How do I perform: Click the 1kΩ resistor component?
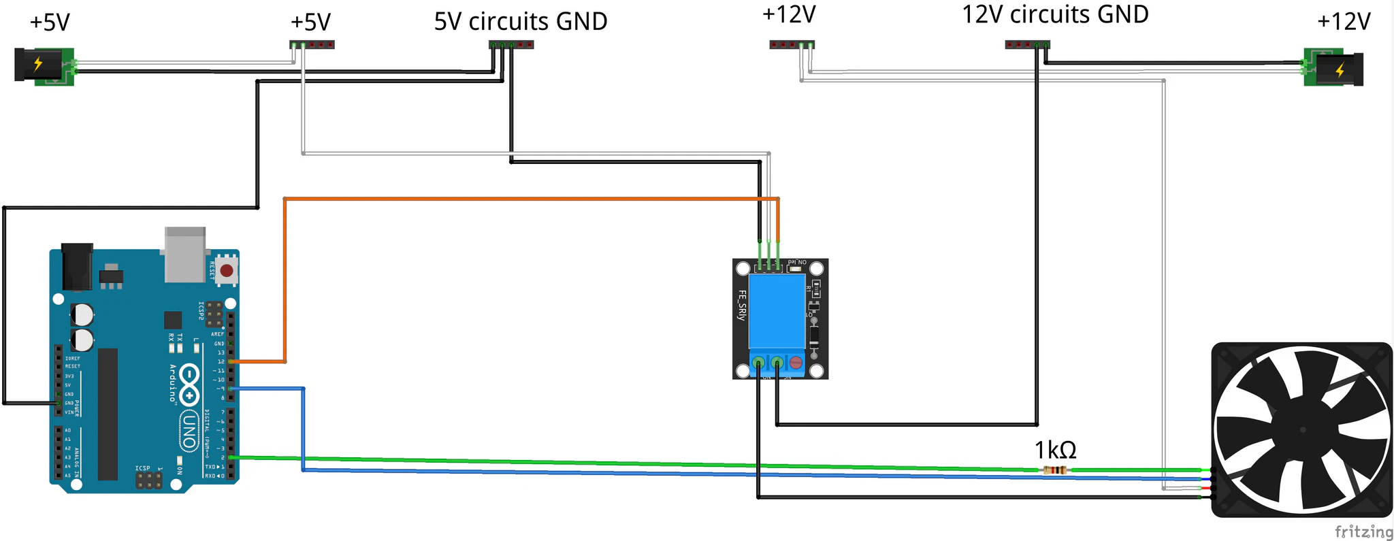tap(1054, 470)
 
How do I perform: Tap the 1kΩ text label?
tap(1055, 450)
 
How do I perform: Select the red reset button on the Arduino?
tap(227, 271)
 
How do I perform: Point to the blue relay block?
tap(777, 311)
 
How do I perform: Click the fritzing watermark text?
tap(1363, 531)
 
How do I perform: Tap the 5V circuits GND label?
tap(521, 22)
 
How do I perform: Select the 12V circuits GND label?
tap(1055, 14)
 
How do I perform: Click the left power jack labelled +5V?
tap(44, 65)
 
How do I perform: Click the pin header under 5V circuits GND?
tap(511, 45)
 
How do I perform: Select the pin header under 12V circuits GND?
tap(1027, 45)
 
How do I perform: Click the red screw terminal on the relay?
tap(796, 363)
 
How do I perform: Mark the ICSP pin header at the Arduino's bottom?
tap(148, 480)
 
